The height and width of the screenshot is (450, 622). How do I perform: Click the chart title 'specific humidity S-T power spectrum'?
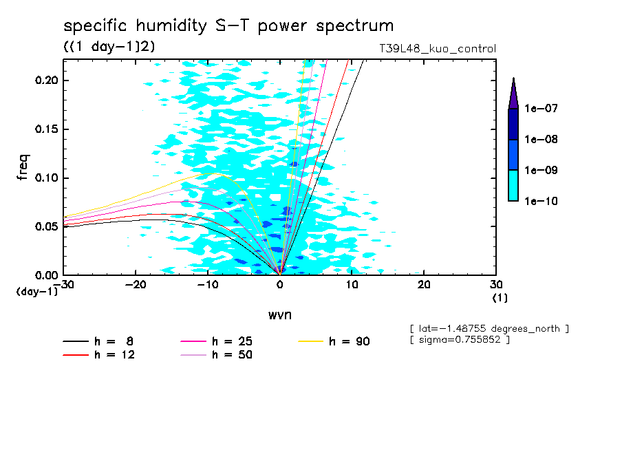pos(228,26)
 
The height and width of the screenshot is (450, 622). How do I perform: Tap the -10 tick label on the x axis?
pos(208,285)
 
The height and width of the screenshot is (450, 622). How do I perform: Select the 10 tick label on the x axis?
pos(352,285)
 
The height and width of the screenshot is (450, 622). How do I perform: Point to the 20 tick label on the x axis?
pos(424,285)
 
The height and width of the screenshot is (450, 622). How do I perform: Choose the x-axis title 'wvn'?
pos(279,315)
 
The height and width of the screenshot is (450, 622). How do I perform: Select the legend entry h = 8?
pos(114,341)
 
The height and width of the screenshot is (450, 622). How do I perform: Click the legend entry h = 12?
pos(114,355)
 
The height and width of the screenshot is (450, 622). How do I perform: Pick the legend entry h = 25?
pos(232,341)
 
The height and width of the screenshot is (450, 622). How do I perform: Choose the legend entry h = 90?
pos(350,341)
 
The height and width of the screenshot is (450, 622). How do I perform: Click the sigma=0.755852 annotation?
pos(460,341)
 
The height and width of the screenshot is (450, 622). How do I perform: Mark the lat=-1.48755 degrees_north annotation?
pos(489,329)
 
